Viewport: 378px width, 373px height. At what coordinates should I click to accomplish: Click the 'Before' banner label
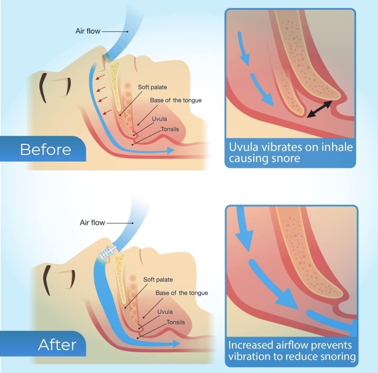click(x=45, y=150)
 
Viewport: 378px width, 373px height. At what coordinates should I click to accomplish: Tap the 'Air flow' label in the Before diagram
click(x=88, y=31)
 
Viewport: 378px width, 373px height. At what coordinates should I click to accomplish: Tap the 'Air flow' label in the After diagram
click(x=92, y=222)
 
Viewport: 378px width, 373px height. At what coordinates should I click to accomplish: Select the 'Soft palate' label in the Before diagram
click(x=152, y=87)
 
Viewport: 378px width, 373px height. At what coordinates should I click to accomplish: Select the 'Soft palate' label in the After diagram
click(x=158, y=280)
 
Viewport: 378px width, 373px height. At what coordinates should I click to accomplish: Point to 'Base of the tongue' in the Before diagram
click(x=176, y=100)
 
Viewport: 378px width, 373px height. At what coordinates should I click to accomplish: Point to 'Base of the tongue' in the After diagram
click(x=181, y=293)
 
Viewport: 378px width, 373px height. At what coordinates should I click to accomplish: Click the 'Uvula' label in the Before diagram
click(x=159, y=119)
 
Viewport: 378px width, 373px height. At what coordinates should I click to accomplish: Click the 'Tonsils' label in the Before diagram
click(x=170, y=129)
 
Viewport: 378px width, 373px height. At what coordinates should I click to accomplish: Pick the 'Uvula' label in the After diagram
click(x=165, y=312)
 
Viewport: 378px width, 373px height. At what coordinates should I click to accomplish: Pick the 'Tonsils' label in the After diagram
click(x=176, y=322)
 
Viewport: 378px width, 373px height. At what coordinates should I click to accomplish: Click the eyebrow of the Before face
click(x=44, y=88)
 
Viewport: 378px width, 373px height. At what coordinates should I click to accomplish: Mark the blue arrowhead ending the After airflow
click(x=176, y=343)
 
